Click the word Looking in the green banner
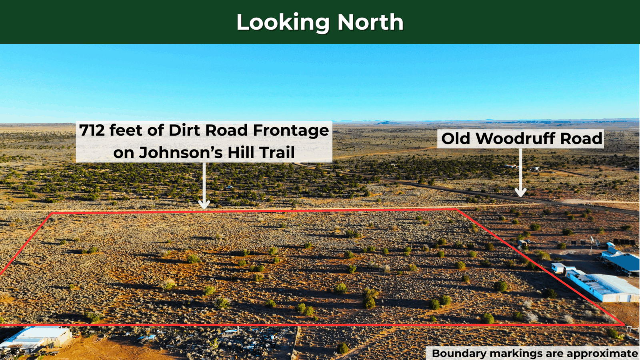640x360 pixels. (x=283, y=23)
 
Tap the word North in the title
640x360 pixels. (x=370, y=22)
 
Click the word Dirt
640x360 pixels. (x=186, y=130)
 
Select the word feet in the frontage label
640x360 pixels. (x=126, y=130)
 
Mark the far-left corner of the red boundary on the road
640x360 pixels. (x=52, y=214)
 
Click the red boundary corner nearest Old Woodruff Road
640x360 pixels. (x=458, y=210)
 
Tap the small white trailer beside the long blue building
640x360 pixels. (x=558, y=268)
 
